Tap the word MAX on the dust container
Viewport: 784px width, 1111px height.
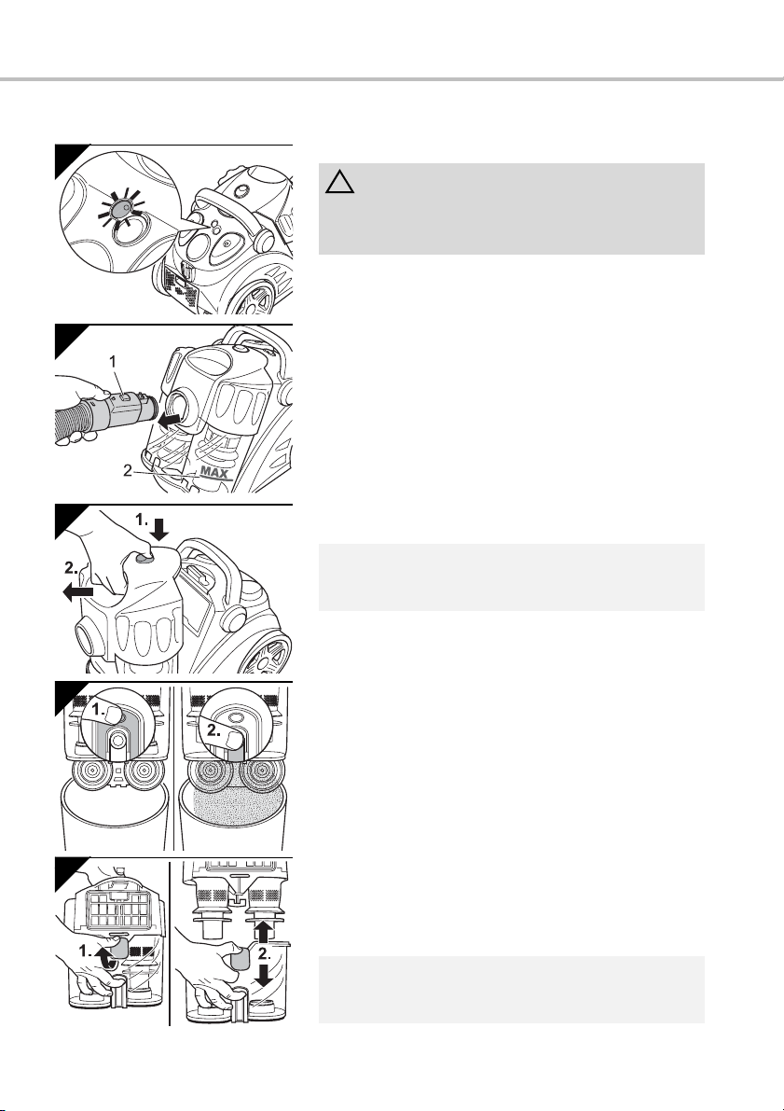click(215, 470)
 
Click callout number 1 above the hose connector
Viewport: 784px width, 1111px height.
click(113, 361)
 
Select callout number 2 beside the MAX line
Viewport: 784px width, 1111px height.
click(128, 470)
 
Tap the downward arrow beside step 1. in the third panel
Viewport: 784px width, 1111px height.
click(160, 529)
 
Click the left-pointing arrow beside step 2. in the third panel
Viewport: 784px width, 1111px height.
click(78, 591)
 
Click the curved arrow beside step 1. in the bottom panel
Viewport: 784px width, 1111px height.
click(106, 956)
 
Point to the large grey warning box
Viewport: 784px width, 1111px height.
click(512, 208)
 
